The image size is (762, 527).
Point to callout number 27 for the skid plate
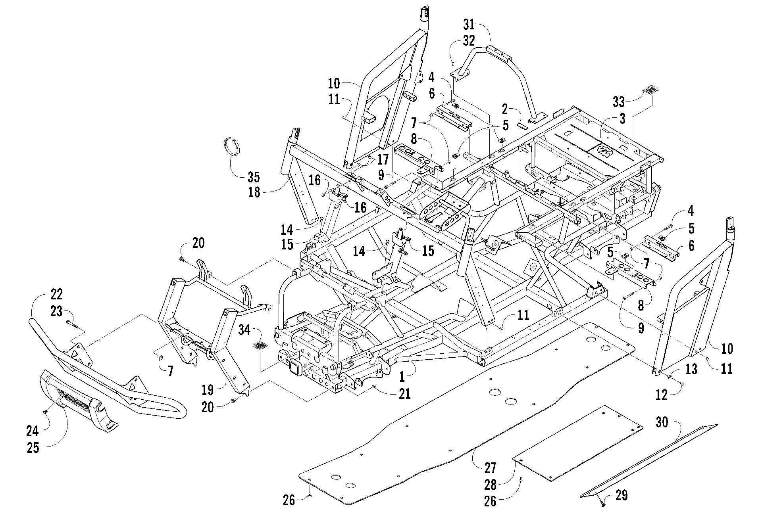[x=490, y=468]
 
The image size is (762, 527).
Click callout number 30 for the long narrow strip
[x=662, y=423]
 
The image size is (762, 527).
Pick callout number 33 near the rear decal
[x=618, y=102]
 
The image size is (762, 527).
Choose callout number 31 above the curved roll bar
[x=469, y=25]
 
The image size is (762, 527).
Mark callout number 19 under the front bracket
[x=207, y=390]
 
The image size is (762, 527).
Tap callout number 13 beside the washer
[x=691, y=369]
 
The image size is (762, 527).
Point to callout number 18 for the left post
[x=254, y=192]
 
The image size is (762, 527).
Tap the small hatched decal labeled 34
[x=260, y=345]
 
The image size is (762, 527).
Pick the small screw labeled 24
[x=46, y=412]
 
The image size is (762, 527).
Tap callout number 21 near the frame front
[x=404, y=394]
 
